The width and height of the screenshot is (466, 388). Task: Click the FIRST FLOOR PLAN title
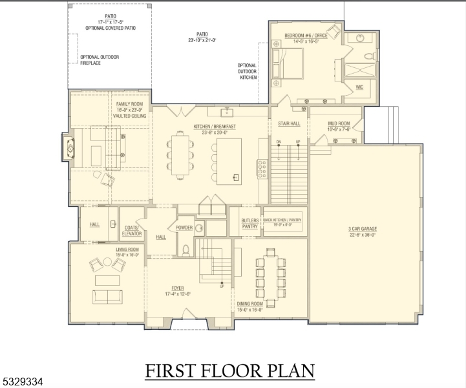[x=230, y=371]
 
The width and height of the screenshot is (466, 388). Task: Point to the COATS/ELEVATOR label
[x=132, y=230]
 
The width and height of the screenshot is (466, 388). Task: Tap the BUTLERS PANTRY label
[x=250, y=224]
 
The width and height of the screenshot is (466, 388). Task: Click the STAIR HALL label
[x=289, y=123]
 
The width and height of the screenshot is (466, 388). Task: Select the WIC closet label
[x=359, y=87]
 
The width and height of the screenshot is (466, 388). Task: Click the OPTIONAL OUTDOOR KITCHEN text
[x=248, y=71]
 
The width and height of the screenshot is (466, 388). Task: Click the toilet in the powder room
[x=185, y=248]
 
